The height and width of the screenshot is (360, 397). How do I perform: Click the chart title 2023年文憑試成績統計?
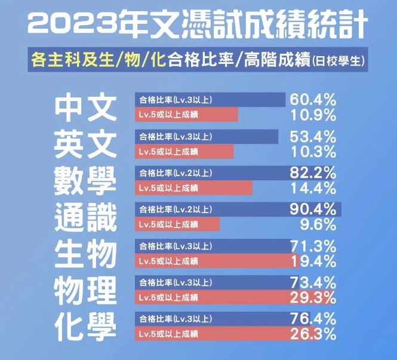click(x=198, y=24)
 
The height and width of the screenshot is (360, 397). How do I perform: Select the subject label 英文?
click(x=85, y=143)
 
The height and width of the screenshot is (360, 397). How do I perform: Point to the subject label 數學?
click(x=85, y=180)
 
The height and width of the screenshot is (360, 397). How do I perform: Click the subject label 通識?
click(x=85, y=217)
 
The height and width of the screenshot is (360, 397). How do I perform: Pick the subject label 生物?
click(x=85, y=254)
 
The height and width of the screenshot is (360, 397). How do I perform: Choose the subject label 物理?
click(x=85, y=291)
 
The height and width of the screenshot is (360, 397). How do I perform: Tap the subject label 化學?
click(x=85, y=327)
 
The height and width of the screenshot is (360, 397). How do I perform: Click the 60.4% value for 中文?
click(x=313, y=99)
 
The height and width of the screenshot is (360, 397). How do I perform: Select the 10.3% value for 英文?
click(x=313, y=151)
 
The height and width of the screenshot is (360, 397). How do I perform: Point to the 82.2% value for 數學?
click(x=313, y=173)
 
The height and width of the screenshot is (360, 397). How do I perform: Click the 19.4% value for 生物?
click(x=313, y=261)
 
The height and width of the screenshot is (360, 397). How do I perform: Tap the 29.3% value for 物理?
click(x=313, y=298)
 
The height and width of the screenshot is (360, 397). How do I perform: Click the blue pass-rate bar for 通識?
click(x=239, y=210)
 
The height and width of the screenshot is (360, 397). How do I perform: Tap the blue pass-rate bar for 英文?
click(x=207, y=136)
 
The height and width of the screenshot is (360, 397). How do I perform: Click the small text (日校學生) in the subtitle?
click(x=338, y=60)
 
